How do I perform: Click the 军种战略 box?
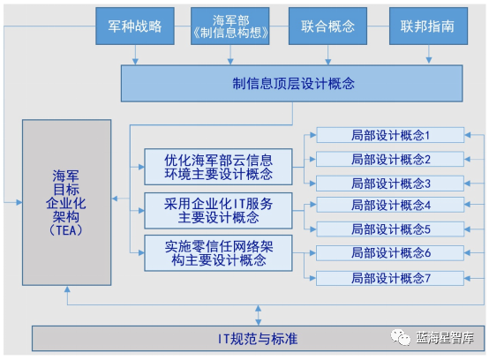click(x=135, y=26)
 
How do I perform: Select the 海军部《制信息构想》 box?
click(x=231, y=26)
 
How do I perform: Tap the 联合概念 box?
click(x=328, y=26)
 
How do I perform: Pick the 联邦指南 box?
click(x=428, y=26)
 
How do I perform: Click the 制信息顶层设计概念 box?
click(x=293, y=83)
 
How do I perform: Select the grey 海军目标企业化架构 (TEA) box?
click(x=67, y=202)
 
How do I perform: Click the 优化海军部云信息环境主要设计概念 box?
click(x=218, y=167)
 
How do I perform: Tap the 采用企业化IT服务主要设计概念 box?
click(x=218, y=211)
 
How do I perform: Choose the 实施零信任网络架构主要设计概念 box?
click(x=218, y=252)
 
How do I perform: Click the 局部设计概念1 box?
click(x=390, y=136)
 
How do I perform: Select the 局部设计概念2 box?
click(x=390, y=160)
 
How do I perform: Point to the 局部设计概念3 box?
click(x=390, y=184)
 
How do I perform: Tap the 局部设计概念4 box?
click(x=390, y=206)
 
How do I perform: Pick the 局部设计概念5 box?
click(x=390, y=229)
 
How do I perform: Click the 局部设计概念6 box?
click(x=390, y=253)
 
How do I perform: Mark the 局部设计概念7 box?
click(x=390, y=278)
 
